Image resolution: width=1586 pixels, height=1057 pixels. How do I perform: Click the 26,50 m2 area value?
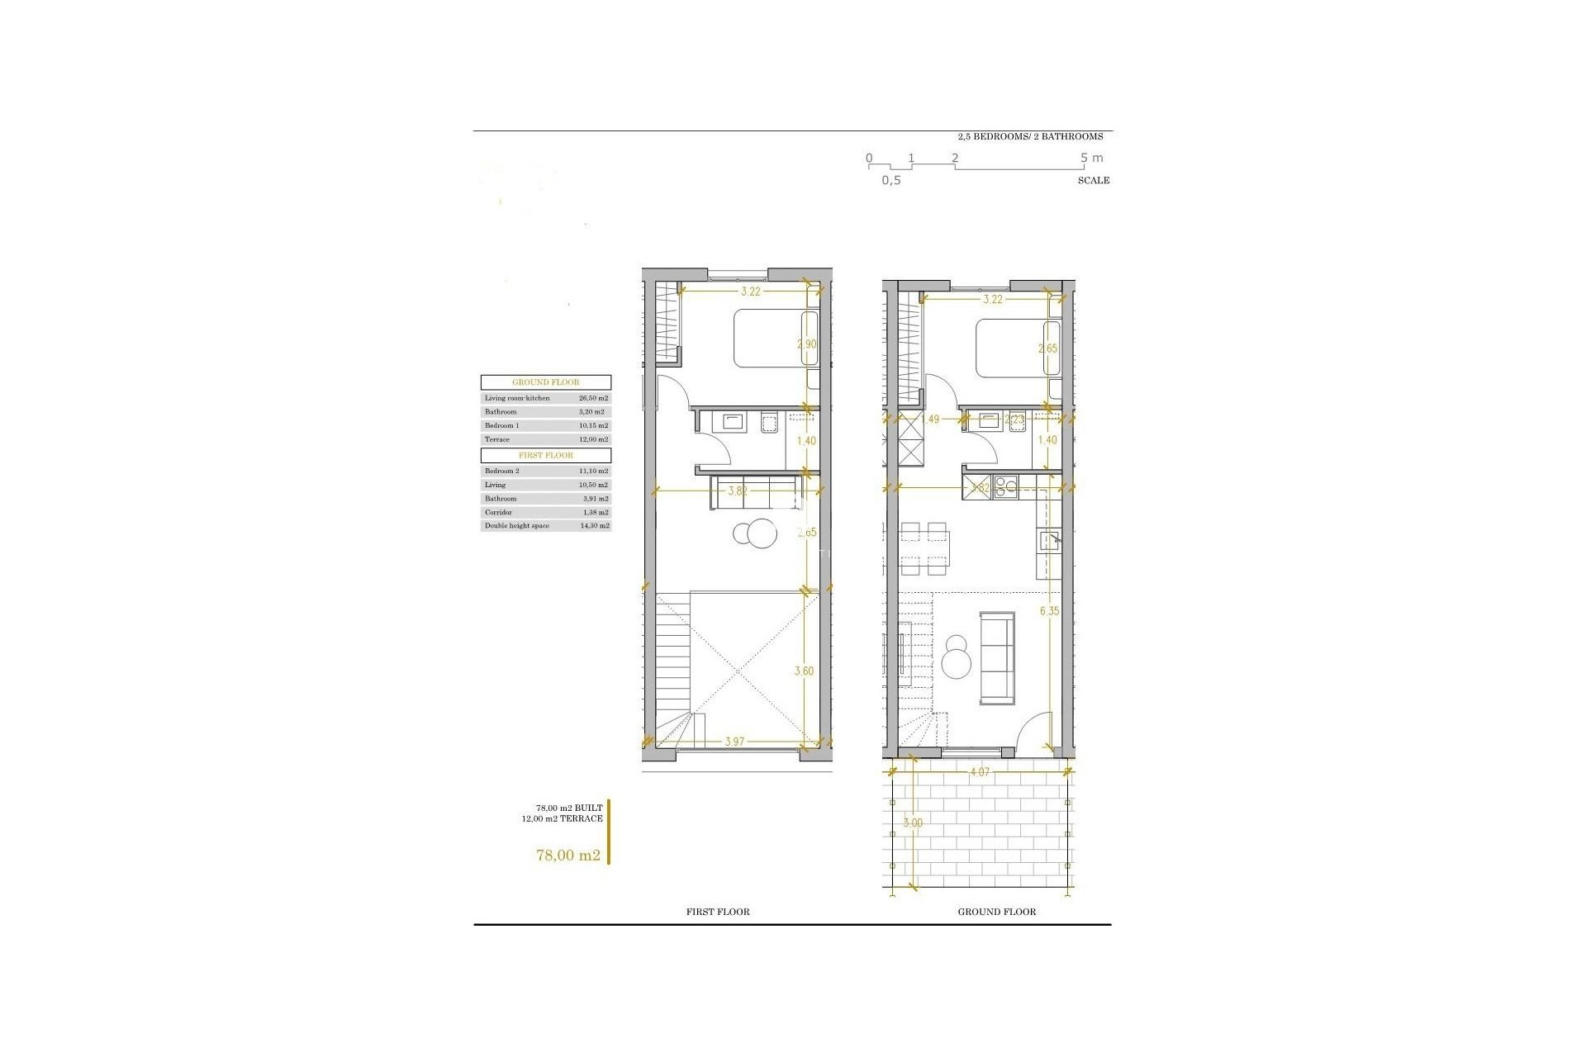(x=593, y=398)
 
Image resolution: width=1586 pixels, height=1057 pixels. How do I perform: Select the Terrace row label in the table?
(x=497, y=439)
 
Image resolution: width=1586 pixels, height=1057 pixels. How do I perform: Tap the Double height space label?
(x=517, y=526)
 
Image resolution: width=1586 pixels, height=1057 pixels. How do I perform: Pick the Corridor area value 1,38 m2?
(x=593, y=513)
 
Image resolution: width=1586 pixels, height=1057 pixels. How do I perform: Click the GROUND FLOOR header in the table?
(x=546, y=382)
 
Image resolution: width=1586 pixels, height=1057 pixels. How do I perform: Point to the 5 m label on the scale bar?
(x=1091, y=158)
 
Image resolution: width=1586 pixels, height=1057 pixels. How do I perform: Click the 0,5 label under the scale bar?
(x=890, y=181)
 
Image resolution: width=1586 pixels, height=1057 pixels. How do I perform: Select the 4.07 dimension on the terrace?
(x=979, y=773)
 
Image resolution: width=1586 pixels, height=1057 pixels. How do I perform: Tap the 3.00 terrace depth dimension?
(x=912, y=823)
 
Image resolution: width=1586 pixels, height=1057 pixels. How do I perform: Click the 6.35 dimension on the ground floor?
(x=1049, y=611)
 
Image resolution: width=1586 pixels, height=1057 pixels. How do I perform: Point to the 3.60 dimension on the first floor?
(x=804, y=671)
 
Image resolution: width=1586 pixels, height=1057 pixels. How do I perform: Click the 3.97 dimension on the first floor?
(x=734, y=742)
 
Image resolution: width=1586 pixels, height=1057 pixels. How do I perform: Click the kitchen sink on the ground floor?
(x=1049, y=541)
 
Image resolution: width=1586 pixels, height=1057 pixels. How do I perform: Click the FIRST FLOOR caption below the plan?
(x=718, y=912)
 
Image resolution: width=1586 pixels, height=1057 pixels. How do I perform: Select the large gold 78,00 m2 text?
(x=568, y=856)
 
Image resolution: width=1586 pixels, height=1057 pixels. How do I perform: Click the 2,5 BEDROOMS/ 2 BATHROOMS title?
(x=1030, y=137)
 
